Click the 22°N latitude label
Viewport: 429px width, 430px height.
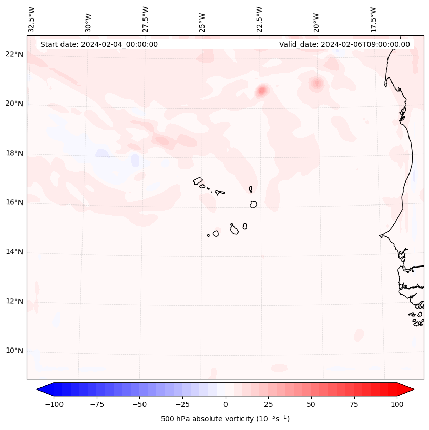tap(14, 54)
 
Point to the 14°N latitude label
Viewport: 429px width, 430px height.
tap(14, 252)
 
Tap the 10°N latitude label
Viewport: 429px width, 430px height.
tap(14, 351)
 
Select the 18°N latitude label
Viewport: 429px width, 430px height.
tap(14, 153)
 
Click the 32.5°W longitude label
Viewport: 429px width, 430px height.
tap(32, 19)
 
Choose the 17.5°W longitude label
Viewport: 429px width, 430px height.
tap(373, 19)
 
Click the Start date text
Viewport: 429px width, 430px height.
tap(99, 44)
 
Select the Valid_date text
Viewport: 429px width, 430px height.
tap(344, 44)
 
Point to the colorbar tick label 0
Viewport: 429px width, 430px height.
tap(226, 404)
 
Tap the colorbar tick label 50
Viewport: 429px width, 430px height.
tap(311, 404)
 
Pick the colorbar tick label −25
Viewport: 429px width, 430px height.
tap(182, 404)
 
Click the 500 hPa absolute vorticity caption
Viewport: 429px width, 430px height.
tap(225, 419)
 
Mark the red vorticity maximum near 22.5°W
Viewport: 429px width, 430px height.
tap(262, 91)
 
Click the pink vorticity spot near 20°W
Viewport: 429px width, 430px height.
tap(316, 83)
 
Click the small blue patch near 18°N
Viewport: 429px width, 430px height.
tap(135, 159)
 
